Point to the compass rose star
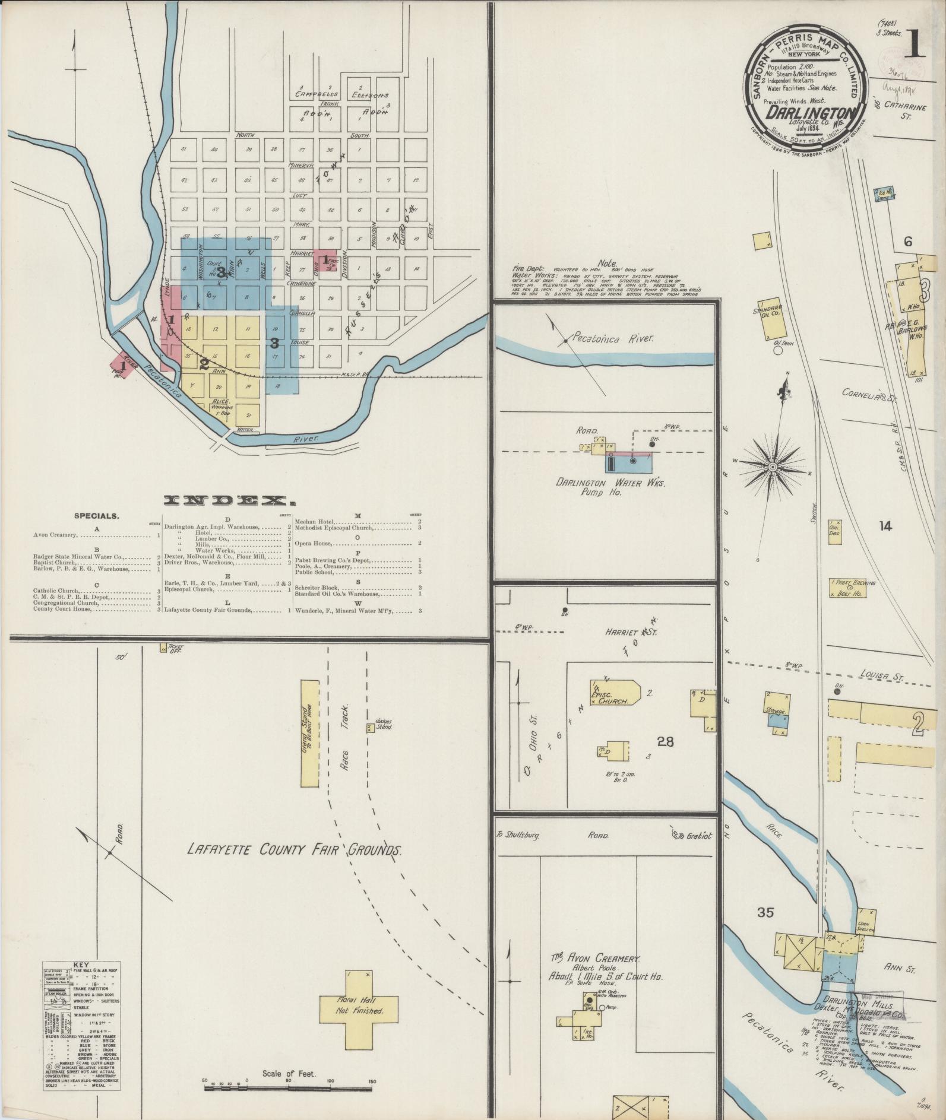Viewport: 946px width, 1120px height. (773, 468)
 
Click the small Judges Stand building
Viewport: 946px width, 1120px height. (370, 727)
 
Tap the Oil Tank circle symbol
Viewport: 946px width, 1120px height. (777, 351)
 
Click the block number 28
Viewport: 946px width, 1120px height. (665, 741)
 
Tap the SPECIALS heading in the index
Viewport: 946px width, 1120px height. (96, 516)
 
